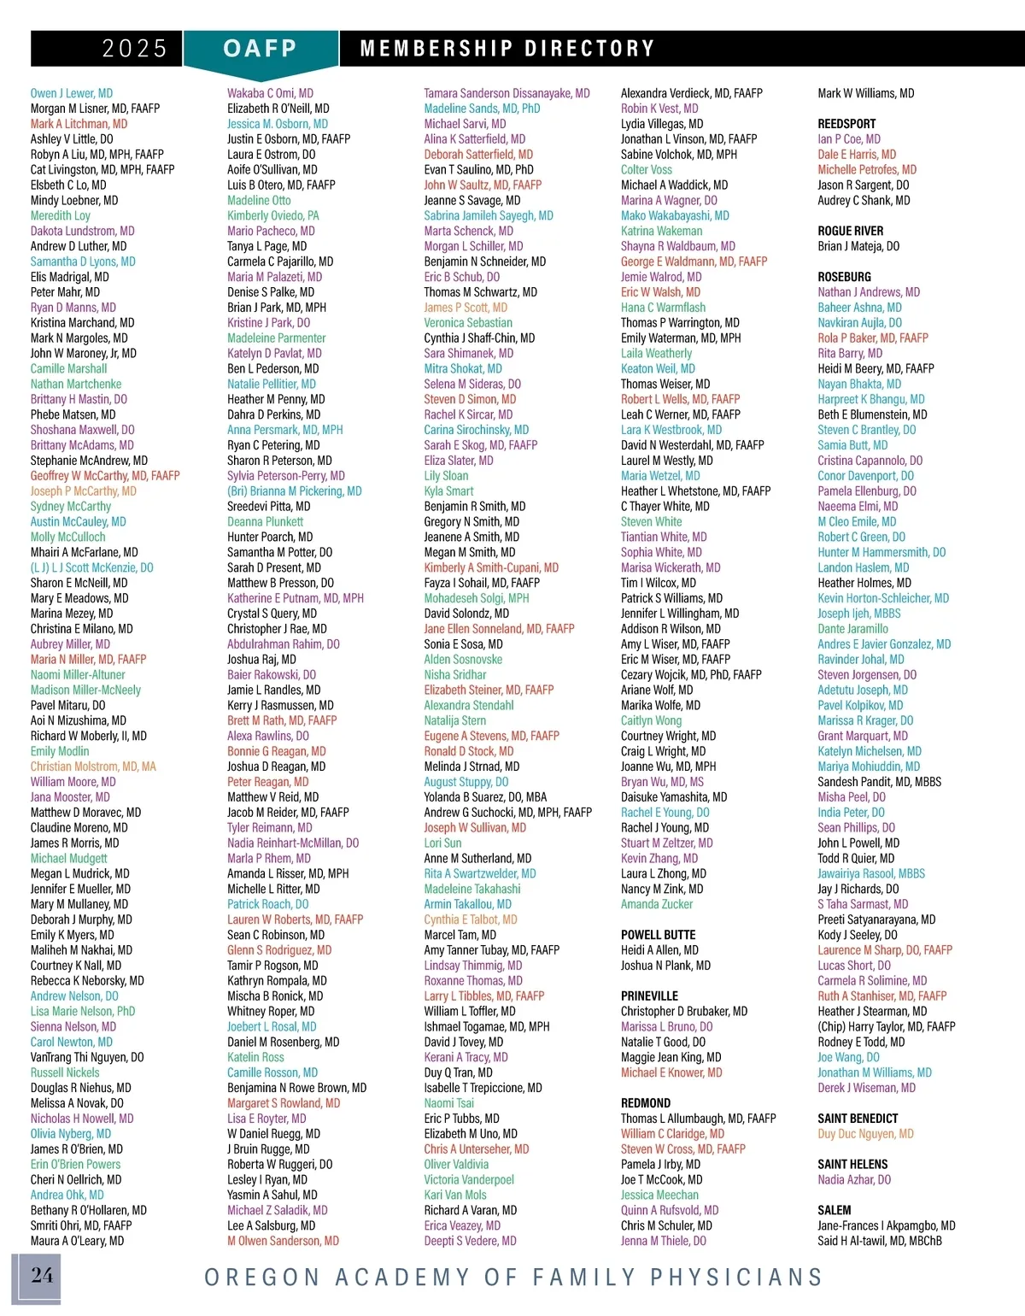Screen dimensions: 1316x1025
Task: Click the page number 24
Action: pyautogui.click(x=42, y=1276)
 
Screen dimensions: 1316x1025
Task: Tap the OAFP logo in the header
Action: pyautogui.click(x=260, y=49)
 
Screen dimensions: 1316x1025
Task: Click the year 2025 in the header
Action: pyautogui.click(x=134, y=49)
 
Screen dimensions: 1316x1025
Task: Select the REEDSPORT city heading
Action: pyautogui.click(x=846, y=124)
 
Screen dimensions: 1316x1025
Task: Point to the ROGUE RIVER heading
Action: pyautogui.click(x=850, y=231)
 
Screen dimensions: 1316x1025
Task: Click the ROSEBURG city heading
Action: pyautogui.click(x=844, y=277)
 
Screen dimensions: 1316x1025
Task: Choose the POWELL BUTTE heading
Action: pyautogui.click(x=658, y=935)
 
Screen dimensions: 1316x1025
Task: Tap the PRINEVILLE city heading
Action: pyautogui.click(x=649, y=996)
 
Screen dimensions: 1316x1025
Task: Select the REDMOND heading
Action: pyautogui.click(x=645, y=1103)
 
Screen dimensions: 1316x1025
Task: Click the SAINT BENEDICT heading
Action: pyautogui.click(x=858, y=1119)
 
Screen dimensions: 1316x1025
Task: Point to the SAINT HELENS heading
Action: pyautogui.click(x=852, y=1165)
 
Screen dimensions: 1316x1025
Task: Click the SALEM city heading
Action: pyautogui.click(x=834, y=1210)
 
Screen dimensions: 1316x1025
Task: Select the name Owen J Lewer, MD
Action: pyautogui.click(x=72, y=93)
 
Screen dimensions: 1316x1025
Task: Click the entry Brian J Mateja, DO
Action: pyautogui.click(x=858, y=246)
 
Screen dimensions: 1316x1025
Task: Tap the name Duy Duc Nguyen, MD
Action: pyautogui.click(x=865, y=1134)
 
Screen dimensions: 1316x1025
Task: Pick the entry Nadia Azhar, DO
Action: pyautogui.click(x=854, y=1180)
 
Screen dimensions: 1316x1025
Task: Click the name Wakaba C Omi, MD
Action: pyautogui.click(x=270, y=93)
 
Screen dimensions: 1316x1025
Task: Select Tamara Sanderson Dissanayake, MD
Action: pyautogui.click(x=507, y=93)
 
